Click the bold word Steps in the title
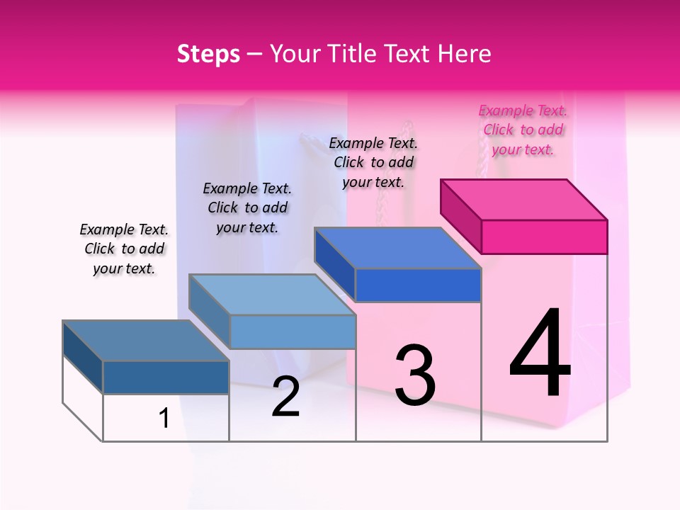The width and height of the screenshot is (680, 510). pos(208,54)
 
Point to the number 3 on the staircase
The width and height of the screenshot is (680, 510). pos(415,375)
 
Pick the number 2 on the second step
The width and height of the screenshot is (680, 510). pos(286,397)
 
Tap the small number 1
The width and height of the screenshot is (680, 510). pos(164,419)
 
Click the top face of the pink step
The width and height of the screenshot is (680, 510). pos(524,199)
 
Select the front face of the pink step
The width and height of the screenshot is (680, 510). pos(544,237)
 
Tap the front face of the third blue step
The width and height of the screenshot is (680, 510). pos(418,285)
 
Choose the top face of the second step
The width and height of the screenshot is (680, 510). pos(272,295)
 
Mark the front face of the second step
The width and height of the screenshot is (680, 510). pos(293,331)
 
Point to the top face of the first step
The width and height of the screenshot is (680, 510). pos(146,341)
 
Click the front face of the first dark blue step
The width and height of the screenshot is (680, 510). pos(166,377)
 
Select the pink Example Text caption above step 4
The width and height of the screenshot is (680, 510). pos(523,130)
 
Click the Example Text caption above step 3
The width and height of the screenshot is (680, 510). pos(373,162)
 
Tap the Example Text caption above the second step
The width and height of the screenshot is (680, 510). pos(247,208)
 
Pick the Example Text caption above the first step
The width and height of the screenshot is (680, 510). pos(124,249)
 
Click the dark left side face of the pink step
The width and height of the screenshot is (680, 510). pos(461,215)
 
